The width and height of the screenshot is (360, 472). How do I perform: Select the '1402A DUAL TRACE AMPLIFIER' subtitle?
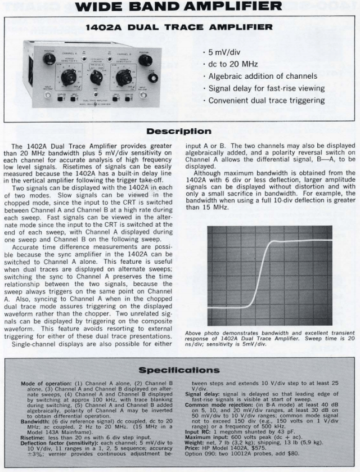coord(179,26)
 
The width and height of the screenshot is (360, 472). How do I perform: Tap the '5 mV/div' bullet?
coord(226,52)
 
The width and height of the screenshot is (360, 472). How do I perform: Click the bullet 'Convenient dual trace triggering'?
coord(267,100)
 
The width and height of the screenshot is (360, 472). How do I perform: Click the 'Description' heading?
coord(179,132)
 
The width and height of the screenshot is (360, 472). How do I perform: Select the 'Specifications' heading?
coord(179,355)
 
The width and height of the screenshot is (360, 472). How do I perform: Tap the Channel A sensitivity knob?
coord(69,77)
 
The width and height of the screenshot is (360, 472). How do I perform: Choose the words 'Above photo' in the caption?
coord(198,334)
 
